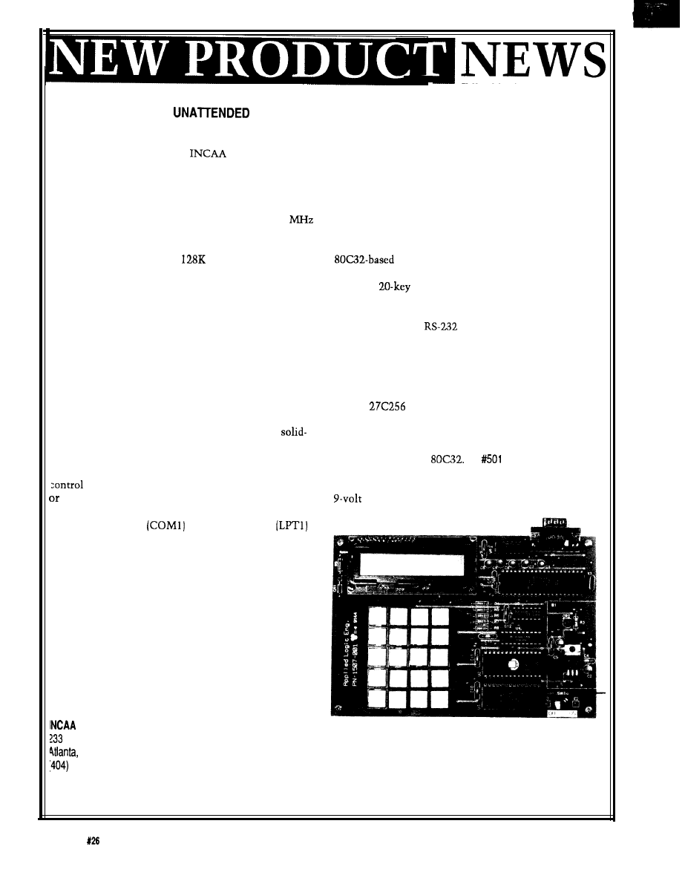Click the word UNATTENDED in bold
pos(211,113)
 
